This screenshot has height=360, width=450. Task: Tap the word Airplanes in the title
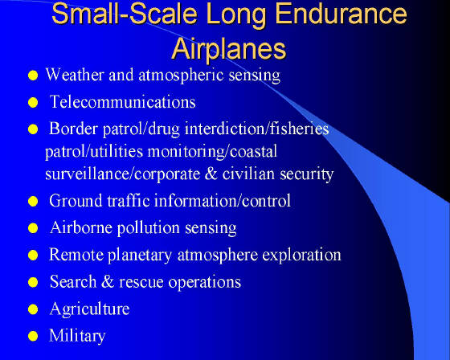coord(229,49)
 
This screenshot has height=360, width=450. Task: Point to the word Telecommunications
coord(122,101)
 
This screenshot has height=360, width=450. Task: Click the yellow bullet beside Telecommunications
coord(33,103)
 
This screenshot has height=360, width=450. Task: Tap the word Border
coord(73,129)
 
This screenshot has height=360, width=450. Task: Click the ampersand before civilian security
coord(211,174)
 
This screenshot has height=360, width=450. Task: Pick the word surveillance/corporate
coord(122,174)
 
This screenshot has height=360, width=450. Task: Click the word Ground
coord(76,200)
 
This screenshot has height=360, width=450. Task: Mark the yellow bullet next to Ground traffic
coord(33,202)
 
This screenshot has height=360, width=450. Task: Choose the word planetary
coord(140,256)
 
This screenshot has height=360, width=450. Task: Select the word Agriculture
coord(89,309)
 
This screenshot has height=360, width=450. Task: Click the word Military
coord(77,336)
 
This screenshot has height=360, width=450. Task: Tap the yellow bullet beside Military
coord(33,336)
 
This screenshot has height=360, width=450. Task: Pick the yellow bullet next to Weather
coord(33,76)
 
